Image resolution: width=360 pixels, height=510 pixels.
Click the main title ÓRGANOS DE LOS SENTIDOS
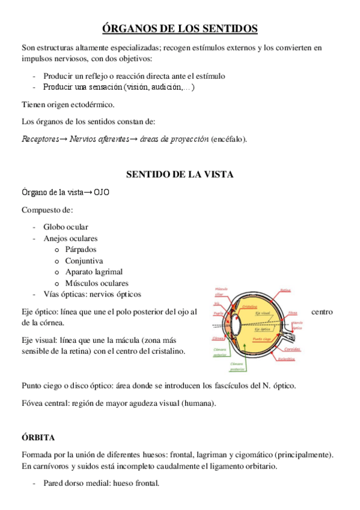(180, 28)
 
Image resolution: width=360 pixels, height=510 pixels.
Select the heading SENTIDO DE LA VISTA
(180, 174)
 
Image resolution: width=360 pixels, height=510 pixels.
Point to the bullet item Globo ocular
(66, 227)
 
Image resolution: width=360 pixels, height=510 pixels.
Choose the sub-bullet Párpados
(81, 250)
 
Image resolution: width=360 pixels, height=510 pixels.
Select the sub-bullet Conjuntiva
(84, 261)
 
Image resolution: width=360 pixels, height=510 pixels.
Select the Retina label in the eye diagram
(285, 290)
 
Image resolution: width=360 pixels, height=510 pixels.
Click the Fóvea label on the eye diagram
(293, 313)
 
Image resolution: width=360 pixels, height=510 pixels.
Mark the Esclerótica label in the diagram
(286, 359)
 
